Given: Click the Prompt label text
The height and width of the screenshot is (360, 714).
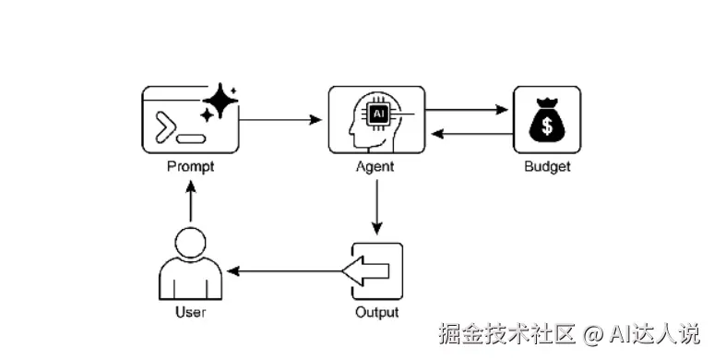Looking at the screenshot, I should click(190, 167).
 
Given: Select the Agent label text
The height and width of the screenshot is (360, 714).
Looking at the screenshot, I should click(375, 167).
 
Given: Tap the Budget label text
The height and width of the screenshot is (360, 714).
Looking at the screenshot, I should click(547, 167).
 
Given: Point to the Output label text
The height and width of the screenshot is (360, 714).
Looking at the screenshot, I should click(377, 312).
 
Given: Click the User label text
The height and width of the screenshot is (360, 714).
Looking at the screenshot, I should click(190, 312).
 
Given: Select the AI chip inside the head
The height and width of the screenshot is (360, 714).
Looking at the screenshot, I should click(377, 114).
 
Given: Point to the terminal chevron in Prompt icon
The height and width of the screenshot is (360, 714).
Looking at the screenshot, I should click(165, 127).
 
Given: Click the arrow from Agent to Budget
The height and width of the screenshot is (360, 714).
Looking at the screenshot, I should click(470, 109).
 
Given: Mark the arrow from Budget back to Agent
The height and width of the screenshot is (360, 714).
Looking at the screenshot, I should click(470, 134).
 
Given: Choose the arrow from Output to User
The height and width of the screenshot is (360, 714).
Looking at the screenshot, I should click(286, 270).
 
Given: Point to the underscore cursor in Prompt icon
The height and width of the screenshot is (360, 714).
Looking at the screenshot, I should click(191, 138).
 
